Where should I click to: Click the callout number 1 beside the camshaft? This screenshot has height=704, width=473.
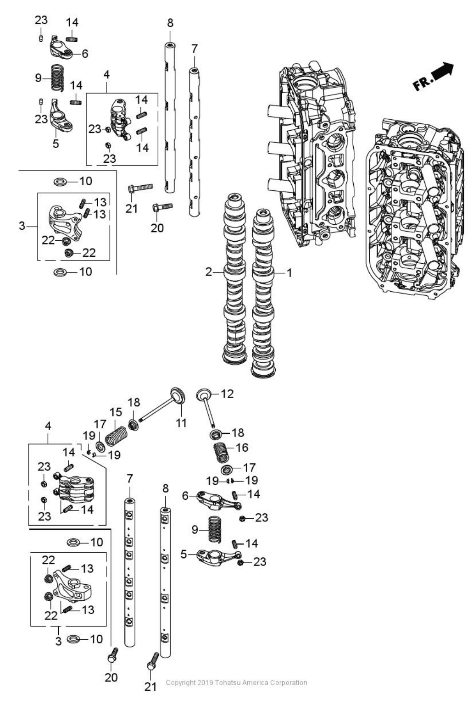pos(289,273)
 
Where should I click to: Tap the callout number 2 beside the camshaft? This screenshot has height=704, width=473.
pos(209,272)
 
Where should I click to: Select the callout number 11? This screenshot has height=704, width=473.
pos(182,423)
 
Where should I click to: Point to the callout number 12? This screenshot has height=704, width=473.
pos(227,394)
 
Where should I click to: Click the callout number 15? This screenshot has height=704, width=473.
pos(115,412)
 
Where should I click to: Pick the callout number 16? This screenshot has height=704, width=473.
pos(242,447)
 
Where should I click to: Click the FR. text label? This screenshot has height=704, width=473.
pos(423,83)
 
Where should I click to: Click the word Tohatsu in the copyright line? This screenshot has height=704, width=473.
pos(228,682)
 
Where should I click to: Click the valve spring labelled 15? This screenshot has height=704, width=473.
pos(117,436)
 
